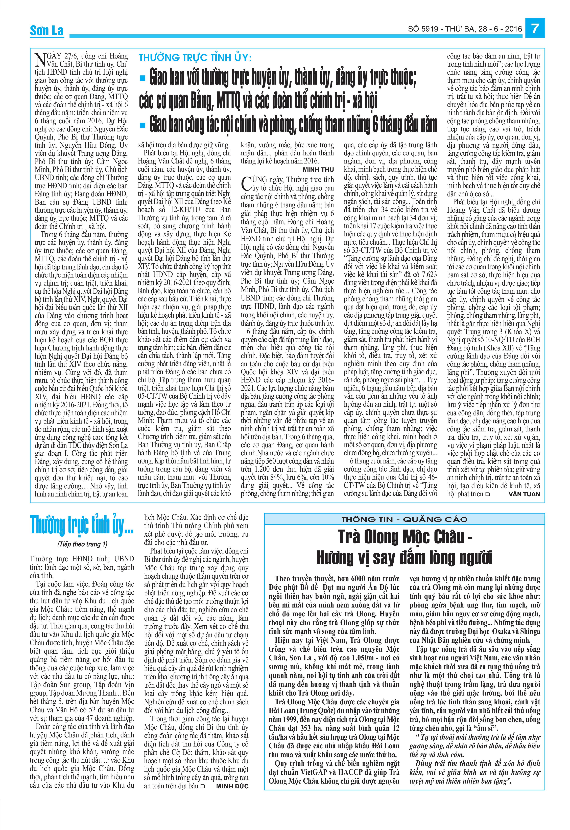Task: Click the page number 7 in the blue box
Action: [535, 29]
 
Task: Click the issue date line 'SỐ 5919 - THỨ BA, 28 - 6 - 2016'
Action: [465, 29]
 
